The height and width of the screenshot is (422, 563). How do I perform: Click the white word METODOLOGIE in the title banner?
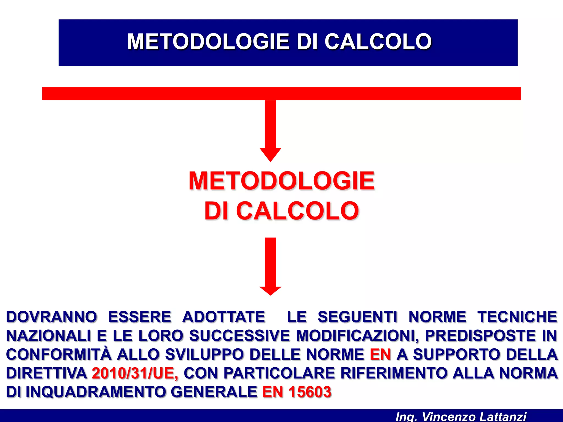[208, 42]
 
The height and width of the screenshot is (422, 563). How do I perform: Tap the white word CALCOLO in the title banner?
[378, 42]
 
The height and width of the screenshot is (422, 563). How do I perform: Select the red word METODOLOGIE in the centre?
[281, 181]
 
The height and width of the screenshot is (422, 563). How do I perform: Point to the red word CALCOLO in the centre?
[297, 211]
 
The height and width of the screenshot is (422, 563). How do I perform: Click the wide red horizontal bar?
[281, 93]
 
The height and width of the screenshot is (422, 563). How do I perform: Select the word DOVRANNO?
[52, 317]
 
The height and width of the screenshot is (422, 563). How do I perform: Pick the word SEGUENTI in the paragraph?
[357, 317]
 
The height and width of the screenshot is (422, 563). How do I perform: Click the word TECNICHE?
[517, 317]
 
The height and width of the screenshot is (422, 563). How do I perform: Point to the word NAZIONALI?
[48, 336]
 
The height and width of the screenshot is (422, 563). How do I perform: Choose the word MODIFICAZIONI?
[357, 336]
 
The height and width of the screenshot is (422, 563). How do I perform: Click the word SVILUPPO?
[204, 354]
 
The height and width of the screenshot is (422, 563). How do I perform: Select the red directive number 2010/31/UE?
[135, 373]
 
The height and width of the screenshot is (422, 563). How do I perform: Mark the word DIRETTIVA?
[46, 373]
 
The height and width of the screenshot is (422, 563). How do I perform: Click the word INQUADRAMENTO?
[96, 392]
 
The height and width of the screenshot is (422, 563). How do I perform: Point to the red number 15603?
[310, 392]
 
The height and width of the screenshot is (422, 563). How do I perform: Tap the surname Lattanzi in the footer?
[503, 417]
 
